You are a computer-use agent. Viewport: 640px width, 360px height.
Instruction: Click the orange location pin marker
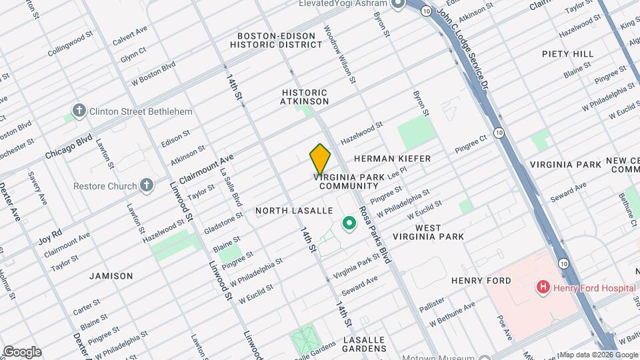pyautogui.click(x=320, y=159)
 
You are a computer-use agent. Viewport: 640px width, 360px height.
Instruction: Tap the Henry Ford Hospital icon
pyautogui.click(x=543, y=288)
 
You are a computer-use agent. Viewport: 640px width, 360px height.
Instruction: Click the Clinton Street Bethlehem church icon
pyautogui.click(x=79, y=111)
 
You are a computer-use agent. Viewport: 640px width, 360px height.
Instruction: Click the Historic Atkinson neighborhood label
pyautogui.click(x=305, y=97)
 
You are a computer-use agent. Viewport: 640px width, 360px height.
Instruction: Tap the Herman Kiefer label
pyautogui.click(x=392, y=159)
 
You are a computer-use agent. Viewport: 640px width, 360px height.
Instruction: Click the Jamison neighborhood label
pyautogui.click(x=111, y=275)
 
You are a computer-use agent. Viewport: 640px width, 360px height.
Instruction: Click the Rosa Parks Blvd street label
pyautogui.click(x=375, y=233)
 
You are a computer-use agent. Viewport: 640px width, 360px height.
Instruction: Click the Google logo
pyautogui.click(x=22, y=352)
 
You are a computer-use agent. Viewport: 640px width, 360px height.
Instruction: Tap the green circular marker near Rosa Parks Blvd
pyautogui.click(x=348, y=224)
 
